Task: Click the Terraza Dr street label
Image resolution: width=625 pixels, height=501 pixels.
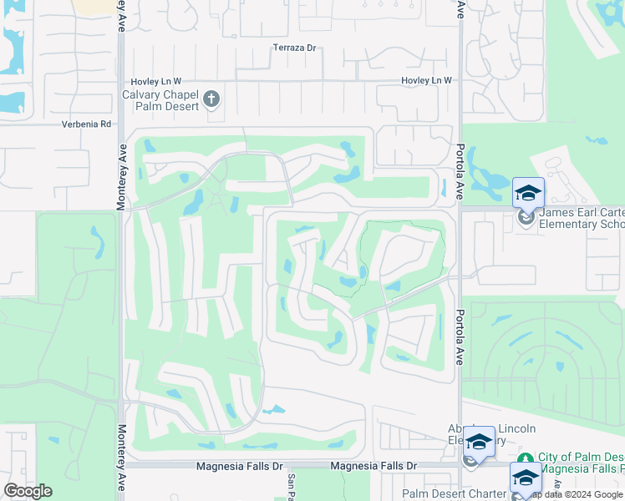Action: tap(294, 48)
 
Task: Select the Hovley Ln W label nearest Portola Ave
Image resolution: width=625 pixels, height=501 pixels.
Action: tap(426, 80)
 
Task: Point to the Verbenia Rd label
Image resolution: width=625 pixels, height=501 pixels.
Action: tap(86, 124)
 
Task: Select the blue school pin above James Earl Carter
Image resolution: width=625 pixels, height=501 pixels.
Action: tap(527, 194)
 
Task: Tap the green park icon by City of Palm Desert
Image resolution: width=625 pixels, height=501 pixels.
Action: tap(526, 458)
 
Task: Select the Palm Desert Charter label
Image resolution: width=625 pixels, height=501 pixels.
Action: tap(454, 493)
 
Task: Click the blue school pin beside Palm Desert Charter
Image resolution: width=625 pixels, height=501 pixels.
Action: tap(525, 479)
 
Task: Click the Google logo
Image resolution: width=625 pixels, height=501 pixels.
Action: tap(28, 491)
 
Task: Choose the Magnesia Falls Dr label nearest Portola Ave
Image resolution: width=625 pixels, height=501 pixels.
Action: tap(373, 466)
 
